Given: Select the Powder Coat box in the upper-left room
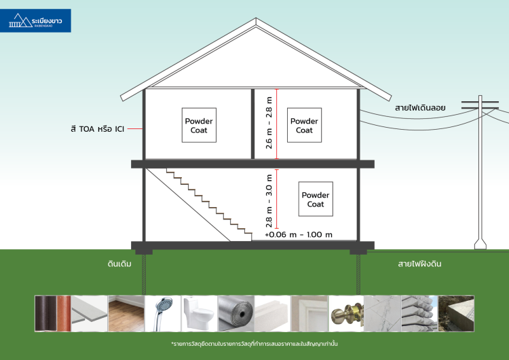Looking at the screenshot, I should pyautogui.click(x=199, y=126).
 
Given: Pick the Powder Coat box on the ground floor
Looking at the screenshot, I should pyautogui.click(x=316, y=199).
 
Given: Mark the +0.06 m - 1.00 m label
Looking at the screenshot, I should pyautogui.click(x=298, y=234).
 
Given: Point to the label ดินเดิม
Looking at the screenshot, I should pyautogui.click(x=119, y=263).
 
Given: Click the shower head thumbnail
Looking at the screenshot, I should pyautogui.click(x=162, y=313).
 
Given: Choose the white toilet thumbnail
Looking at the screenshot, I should pyautogui.click(x=198, y=313).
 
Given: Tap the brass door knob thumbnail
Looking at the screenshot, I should pyautogui.click(x=345, y=313).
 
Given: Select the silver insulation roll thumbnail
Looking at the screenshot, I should pyautogui.click(x=235, y=313).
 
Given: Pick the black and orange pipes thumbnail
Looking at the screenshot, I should pyautogui.click(x=53, y=313).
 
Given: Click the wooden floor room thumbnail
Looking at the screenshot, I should pyautogui.click(x=126, y=313).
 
